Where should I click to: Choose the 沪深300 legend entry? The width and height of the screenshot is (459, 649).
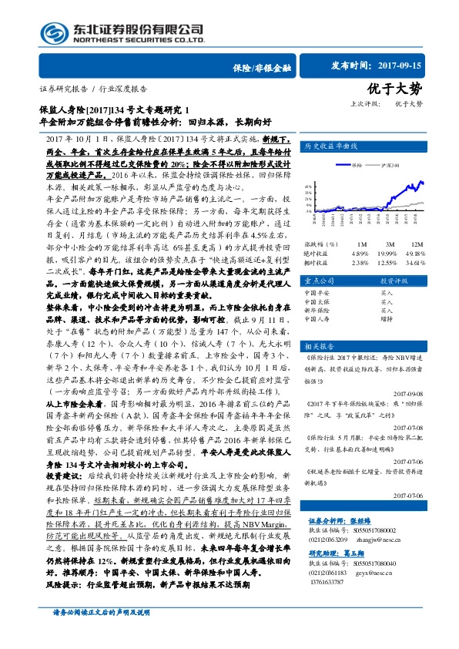pos(391,164)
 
